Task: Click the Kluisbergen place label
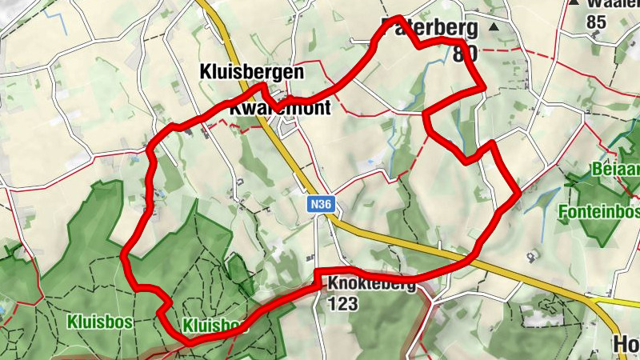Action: [x=251, y=72]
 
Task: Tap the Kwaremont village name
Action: [x=280, y=108]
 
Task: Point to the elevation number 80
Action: [x=465, y=54]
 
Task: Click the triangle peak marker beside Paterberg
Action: [x=493, y=27]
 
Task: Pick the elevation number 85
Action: [x=596, y=22]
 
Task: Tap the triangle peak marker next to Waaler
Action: [x=574, y=3]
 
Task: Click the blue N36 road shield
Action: [x=321, y=205]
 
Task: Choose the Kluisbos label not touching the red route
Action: [x=100, y=322]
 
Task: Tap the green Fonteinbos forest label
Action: [x=600, y=212]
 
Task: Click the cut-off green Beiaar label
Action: [x=616, y=170]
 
